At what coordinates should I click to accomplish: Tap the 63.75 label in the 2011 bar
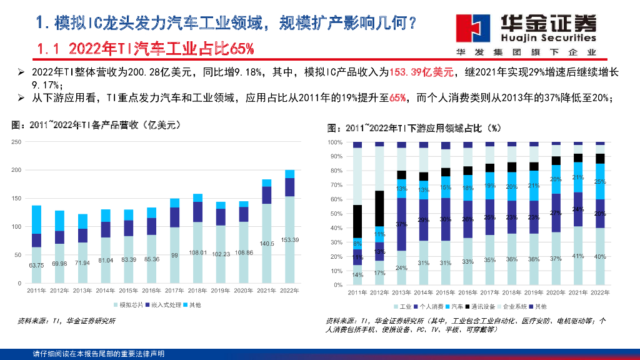pyautogui.click(x=36, y=265)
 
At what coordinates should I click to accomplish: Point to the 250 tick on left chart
pyautogui.click(x=17, y=142)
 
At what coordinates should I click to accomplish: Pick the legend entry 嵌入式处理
pyautogui.click(x=164, y=305)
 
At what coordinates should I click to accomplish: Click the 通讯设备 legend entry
pyautogui.click(x=482, y=307)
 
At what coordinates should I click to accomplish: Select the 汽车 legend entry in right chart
pyautogui.click(x=456, y=307)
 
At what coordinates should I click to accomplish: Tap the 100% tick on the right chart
pyautogui.click(x=336, y=142)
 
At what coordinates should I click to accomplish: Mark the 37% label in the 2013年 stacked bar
pyautogui.click(x=401, y=224)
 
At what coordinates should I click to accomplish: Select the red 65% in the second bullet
pyautogui.click(x=397, y=98)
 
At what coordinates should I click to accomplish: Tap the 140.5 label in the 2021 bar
pyautogui.click(x=266, y=244)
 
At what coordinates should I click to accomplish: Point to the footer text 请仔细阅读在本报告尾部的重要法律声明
pyautogui.click(x=99, y=354)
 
